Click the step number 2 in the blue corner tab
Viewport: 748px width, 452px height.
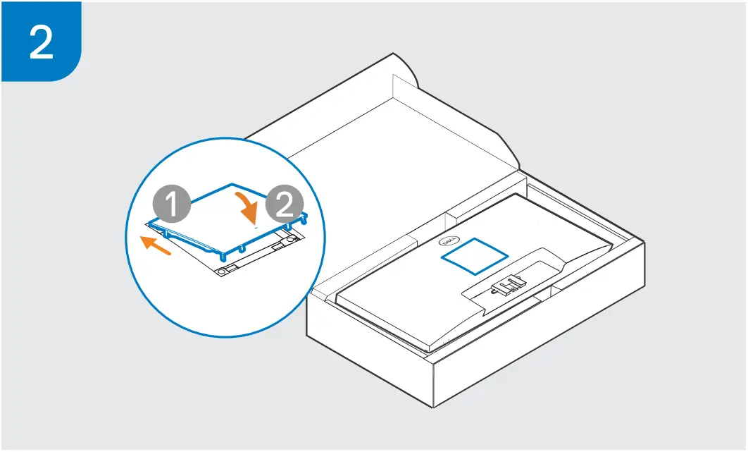[x=42, y=42]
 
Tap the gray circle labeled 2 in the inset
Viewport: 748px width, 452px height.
[x=284, y=205]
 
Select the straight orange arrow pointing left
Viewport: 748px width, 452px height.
[x=156, y=245]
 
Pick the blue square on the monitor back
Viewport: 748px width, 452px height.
[x=475, y=256]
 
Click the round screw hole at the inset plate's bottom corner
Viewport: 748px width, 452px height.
[x=223, y=271]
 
